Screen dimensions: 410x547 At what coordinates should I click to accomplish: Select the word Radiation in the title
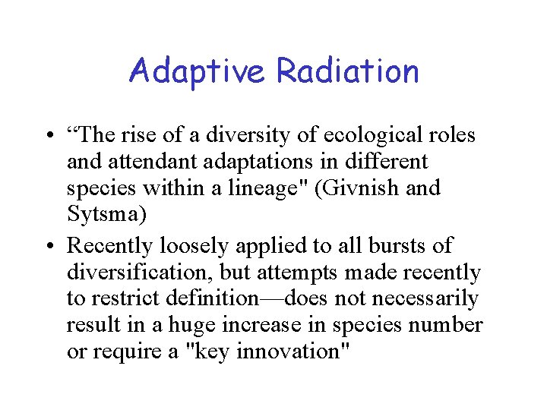click(x=347, y=71)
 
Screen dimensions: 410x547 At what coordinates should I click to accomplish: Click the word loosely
click(x=194, y=246)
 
